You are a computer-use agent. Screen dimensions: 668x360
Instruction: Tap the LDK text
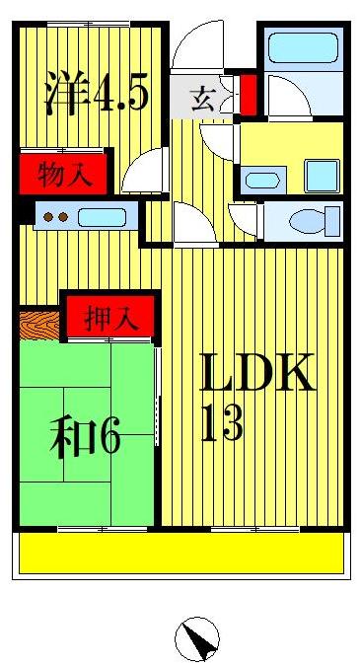coord(258,373)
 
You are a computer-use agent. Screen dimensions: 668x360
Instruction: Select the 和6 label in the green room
coord(85,436)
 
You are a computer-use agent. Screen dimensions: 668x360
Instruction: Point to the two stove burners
coord(53,217)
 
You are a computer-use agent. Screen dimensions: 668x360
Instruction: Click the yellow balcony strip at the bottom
coord(182,553)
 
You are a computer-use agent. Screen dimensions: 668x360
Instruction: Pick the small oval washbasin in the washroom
coord(260,181)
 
